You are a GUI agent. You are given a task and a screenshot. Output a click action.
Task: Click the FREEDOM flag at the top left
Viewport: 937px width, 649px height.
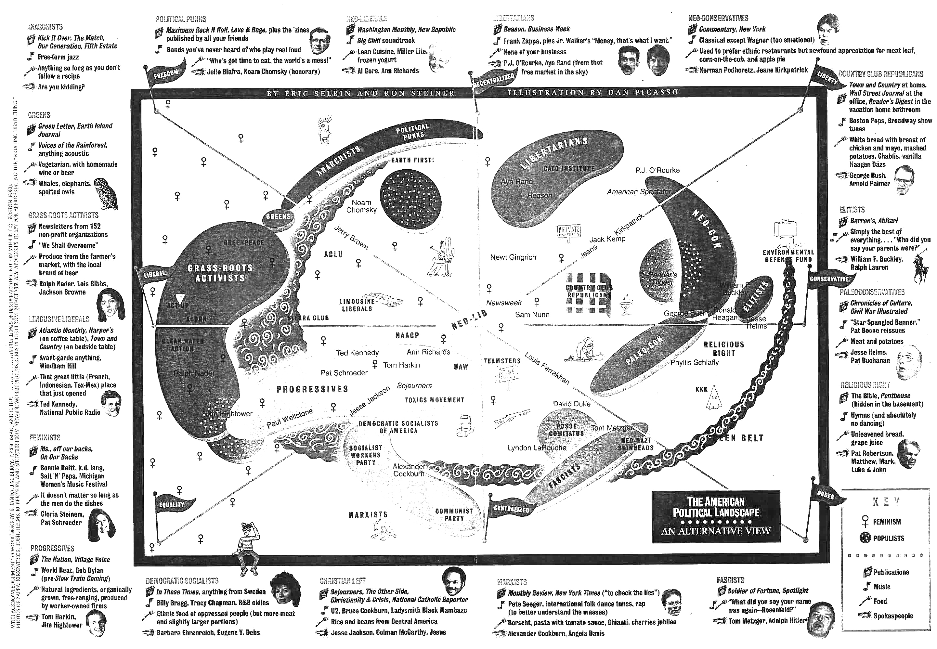point(165,74)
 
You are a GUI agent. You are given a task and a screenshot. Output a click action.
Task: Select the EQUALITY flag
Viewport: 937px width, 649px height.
point(172,505)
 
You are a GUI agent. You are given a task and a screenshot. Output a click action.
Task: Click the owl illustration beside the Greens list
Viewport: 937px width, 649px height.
point(107,194)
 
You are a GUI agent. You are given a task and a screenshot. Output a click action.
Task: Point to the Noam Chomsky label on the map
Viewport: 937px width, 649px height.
point(361,206)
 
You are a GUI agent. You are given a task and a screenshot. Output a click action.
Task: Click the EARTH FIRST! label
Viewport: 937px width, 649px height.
point(412,160)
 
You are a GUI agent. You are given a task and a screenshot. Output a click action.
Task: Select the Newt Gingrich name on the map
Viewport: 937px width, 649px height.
point(513,257)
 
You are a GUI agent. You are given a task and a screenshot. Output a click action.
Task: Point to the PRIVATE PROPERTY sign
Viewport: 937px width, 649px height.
point(568,232)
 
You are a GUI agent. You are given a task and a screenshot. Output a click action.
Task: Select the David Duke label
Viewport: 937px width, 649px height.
point(571,404)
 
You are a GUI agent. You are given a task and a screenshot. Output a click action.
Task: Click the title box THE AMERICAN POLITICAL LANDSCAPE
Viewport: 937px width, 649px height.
point(715,516)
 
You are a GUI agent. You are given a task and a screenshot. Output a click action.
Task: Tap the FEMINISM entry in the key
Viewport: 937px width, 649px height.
point(886,522)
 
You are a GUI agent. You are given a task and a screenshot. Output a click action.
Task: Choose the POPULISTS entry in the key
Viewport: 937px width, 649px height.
point(888,538)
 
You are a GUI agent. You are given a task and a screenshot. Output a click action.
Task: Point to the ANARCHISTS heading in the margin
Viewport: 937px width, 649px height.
point(45,27)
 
